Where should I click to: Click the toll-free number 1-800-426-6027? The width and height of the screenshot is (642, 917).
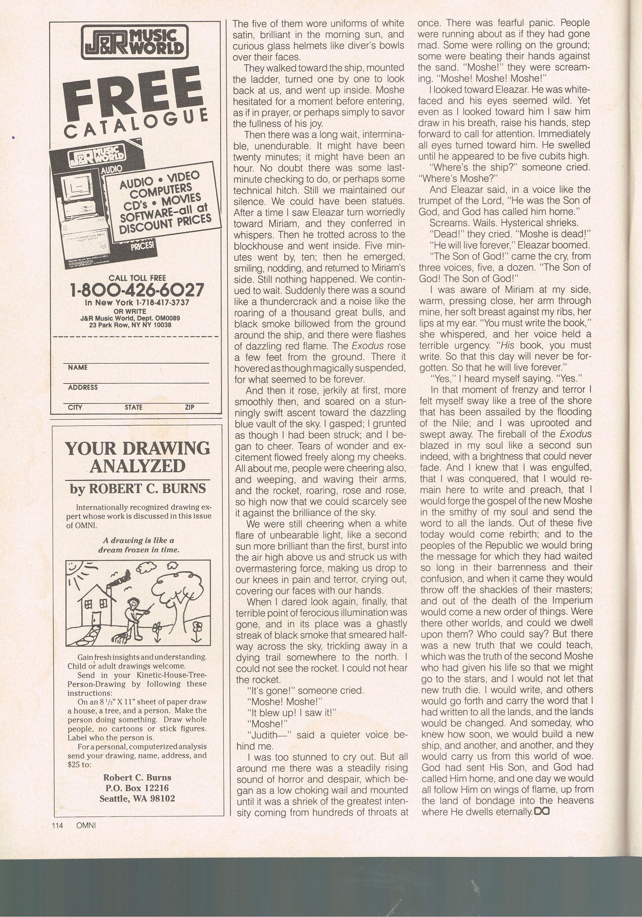pos(137,290)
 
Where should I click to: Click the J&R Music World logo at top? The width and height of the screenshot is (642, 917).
pos(135,43)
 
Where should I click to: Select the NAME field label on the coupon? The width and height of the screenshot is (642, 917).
pos(77,368)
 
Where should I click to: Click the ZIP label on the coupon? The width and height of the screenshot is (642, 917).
pos(190,407)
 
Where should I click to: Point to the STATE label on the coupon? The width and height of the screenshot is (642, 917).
pos(133,407)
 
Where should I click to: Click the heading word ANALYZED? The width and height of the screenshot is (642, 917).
pos(137,466)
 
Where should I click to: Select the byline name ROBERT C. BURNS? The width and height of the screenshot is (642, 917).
pos(138,489)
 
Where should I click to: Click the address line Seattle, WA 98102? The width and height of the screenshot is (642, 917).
pos(137,798)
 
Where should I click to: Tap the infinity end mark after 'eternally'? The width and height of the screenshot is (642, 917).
pos(542,811)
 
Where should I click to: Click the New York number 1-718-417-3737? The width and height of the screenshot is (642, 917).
pos(137,303)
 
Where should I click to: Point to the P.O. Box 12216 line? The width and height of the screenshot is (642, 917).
pos(137,788)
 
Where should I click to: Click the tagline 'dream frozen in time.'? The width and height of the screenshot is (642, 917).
pos(139,549)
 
